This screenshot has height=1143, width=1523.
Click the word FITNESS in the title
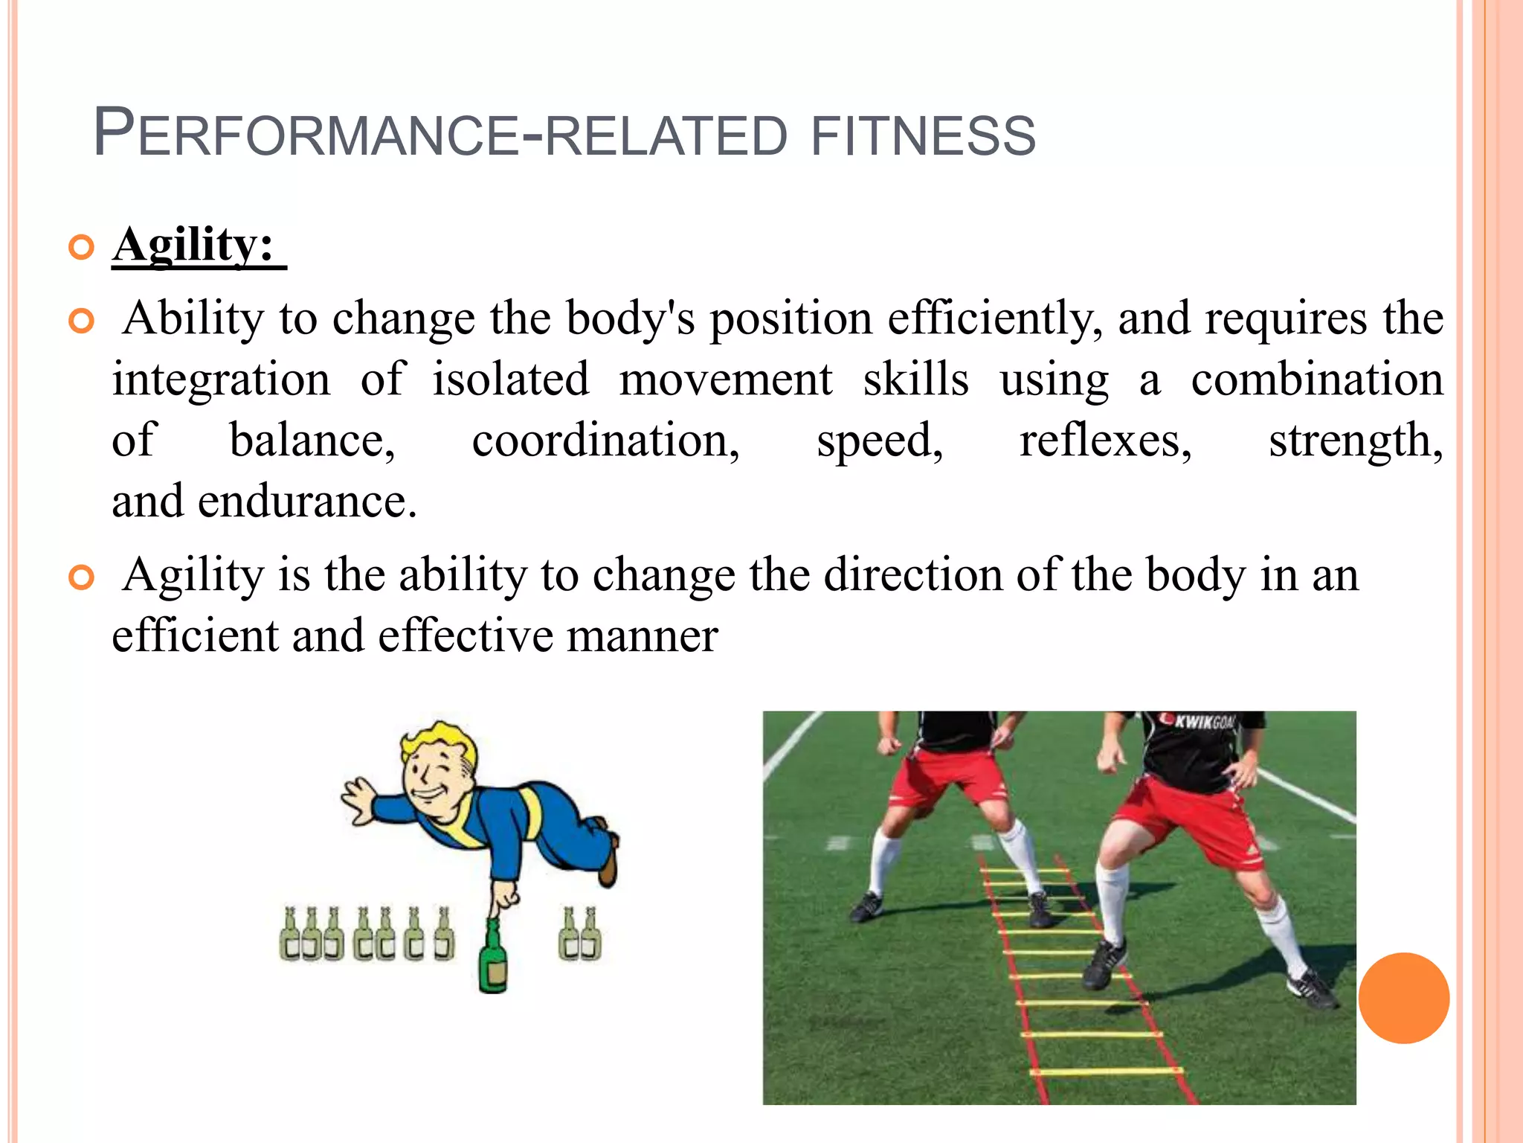click(x=922, y=135)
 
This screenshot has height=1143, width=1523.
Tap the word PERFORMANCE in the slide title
click(x=305, y=134)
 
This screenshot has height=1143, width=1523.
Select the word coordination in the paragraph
click(x=605, y=441)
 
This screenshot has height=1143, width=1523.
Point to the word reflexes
click(x=1105, y=441)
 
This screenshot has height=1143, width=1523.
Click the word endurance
click(x=306, y=502)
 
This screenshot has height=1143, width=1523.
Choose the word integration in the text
click(x=221, y=380)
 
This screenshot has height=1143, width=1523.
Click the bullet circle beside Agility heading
click(x=81, y=247)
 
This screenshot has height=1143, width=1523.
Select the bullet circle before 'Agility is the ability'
click(x=81, y=577)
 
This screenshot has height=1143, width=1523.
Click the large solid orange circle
click(x=1403, y=998)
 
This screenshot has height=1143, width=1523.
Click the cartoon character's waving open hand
click(x=360, y=801)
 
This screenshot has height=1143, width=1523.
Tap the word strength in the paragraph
click(x=1355, y=441)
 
